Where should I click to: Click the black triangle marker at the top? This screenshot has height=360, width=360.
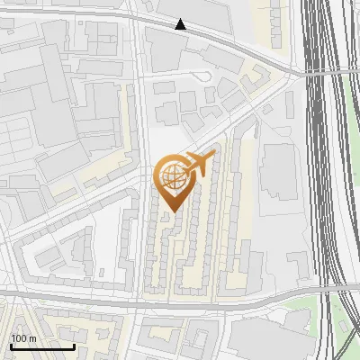coord(181,24)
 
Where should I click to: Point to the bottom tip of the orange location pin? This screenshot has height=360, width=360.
coord(172,212)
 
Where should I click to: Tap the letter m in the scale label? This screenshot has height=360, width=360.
coord(32,337)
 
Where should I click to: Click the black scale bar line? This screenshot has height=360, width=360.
coord(42,346)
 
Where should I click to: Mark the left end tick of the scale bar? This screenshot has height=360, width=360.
coord(11,345)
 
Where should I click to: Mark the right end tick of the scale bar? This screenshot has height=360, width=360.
coord(74,345)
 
